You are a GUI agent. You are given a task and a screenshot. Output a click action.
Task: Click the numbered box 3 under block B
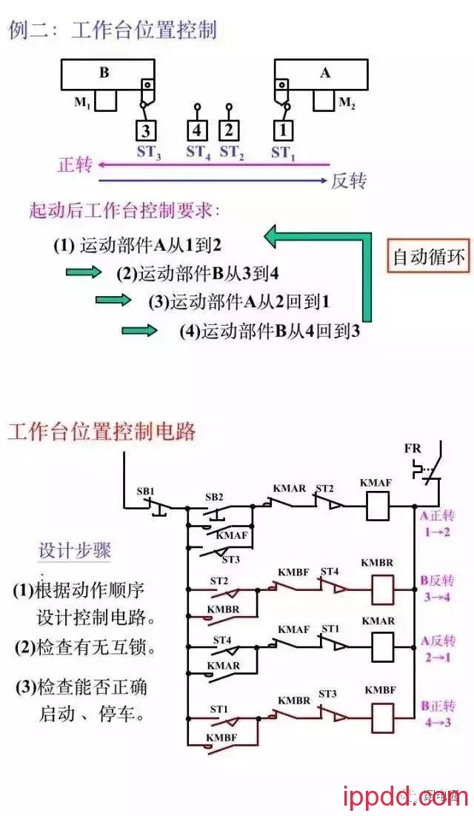pos(147,131)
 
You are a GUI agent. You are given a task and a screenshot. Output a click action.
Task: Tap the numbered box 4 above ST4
pos(197,131)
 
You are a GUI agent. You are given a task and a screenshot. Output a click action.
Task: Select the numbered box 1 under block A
pos(282,131)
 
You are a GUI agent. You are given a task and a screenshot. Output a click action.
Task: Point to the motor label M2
pos(347,104)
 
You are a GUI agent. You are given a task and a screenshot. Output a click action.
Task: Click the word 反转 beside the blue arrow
pos(349,180)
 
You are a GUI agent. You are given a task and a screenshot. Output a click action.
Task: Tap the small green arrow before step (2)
pos(83,272)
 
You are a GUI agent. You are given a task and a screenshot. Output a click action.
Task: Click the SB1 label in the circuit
pos(145,492)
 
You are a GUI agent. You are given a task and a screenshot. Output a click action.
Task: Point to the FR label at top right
pos(413,449)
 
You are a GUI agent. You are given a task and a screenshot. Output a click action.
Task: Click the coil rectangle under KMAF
pos(376,507)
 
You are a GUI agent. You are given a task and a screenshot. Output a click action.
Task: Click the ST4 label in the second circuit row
pos(330,571)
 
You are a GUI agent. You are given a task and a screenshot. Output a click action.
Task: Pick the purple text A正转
pos(437,517)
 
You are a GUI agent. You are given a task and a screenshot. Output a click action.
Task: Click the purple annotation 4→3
pos(436,722)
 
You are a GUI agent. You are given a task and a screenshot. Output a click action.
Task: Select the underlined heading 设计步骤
pos(75,551)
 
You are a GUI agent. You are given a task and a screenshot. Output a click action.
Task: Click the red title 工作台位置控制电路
pos(102,432)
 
